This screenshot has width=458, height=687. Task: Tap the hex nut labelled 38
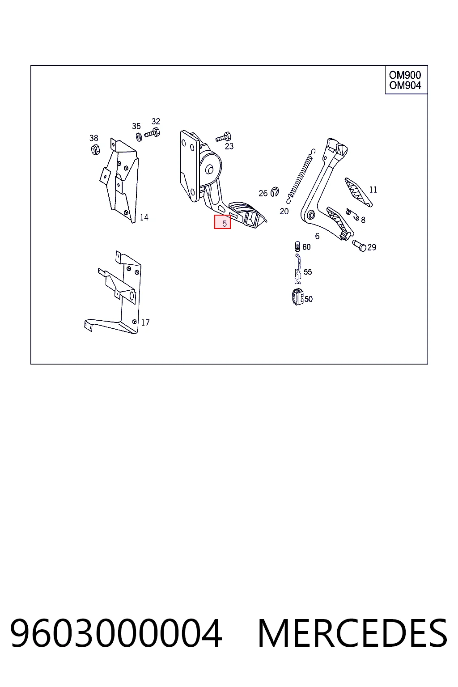[95, 149]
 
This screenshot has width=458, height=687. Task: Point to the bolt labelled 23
[224, 137]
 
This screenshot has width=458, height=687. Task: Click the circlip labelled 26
[275, 191]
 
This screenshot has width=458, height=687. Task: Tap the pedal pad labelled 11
[358, 192]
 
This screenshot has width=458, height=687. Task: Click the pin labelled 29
[359, 246]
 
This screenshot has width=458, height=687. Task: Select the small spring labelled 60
[297, 246]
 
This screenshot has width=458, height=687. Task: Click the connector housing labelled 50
[297, 297]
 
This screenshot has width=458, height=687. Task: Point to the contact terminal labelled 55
[297, 269]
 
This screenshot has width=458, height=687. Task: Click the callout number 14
[144, 217]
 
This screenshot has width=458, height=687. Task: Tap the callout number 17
[145, 322]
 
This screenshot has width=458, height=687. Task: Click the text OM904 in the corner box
[405, 85]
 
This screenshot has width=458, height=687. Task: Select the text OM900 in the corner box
[405, 75]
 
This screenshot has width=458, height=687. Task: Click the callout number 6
[317, 236]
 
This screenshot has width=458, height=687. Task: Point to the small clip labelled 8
[352, 214]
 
